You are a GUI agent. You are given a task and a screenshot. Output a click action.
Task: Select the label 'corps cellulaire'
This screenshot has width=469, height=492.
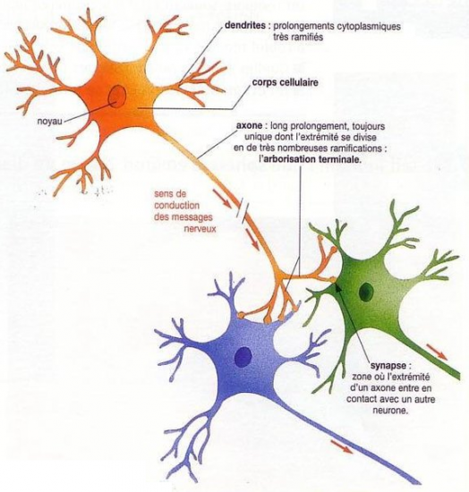click(285, 82)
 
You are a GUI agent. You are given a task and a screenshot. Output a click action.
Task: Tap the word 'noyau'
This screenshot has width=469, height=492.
click(50, 121)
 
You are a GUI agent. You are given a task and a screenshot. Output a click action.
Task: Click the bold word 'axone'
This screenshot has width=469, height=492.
click(249, 126)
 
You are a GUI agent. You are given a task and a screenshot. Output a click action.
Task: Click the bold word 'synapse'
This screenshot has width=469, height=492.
click(388, 366)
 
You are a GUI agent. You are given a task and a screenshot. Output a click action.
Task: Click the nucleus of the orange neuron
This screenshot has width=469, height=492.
click(117, 97)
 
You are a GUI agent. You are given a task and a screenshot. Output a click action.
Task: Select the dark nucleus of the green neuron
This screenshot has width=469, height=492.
click(366, 292)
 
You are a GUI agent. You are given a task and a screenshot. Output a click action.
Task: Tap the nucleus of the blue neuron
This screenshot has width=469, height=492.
click(243, 356)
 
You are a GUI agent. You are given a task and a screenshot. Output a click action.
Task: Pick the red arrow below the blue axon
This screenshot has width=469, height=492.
click(342, 446)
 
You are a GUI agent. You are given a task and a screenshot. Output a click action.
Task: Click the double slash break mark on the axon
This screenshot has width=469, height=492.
click(243, 212)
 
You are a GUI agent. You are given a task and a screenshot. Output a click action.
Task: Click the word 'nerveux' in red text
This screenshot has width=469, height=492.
click(200, 228)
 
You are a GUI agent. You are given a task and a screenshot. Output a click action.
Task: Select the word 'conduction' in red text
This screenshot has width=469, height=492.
click(176, 205)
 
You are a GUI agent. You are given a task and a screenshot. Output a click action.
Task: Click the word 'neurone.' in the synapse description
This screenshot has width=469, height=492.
click(390, 410)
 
